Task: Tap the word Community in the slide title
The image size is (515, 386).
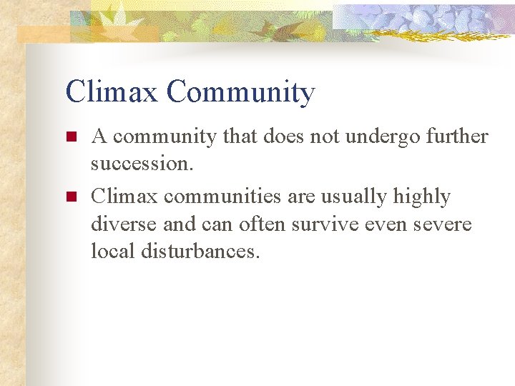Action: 240,93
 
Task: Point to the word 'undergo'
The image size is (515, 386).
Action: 383,137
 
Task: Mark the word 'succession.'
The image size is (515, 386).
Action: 142,164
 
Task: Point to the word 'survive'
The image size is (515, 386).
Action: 318,224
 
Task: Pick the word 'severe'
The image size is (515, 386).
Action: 443,224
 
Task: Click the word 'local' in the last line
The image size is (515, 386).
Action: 111,251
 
